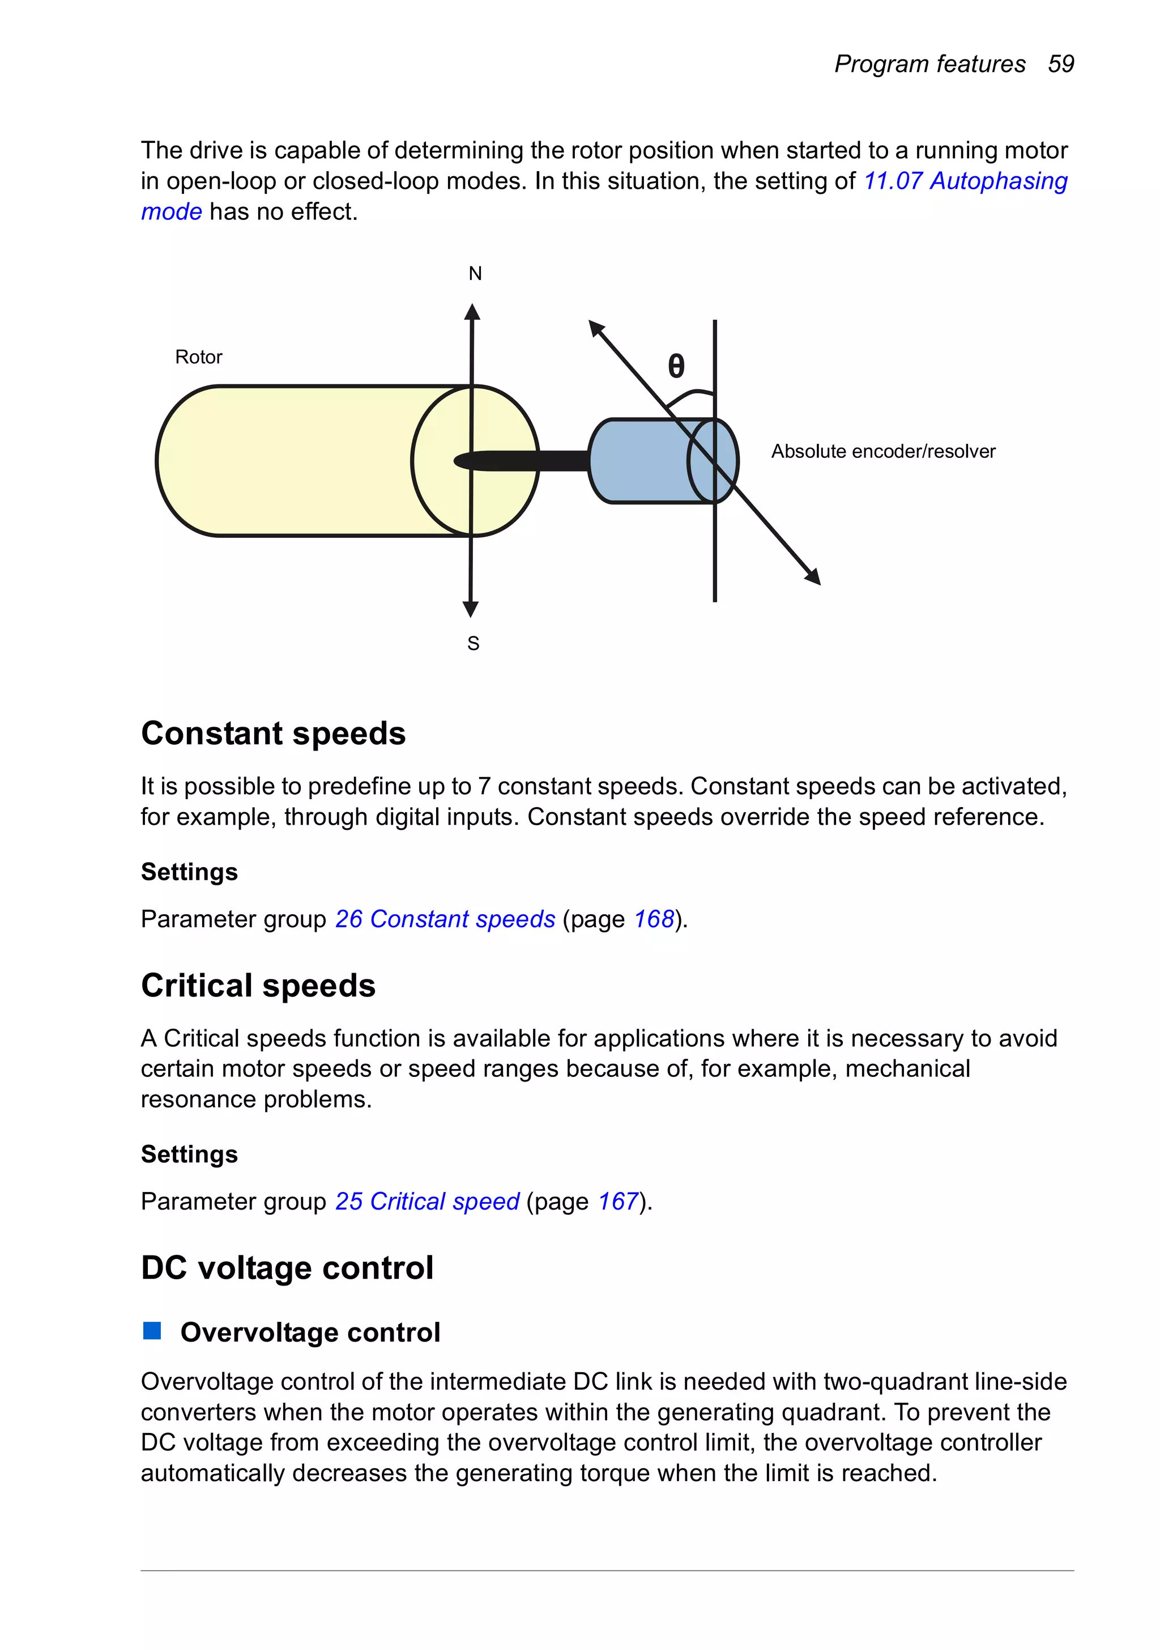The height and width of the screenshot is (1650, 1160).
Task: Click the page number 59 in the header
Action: coord(1060,64)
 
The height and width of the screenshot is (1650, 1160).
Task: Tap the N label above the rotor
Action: coord(475,274)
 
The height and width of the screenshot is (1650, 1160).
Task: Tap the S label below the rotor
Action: coord(472,643)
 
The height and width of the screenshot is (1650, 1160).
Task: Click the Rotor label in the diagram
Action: coord(198,357)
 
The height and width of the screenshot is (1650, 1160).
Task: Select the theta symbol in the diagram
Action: coord(676,367)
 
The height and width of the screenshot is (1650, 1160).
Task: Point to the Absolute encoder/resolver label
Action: coord(883,451)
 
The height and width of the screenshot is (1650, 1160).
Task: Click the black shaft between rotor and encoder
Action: coord(546,461)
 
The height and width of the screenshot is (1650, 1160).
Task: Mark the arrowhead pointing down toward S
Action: coord(471,609)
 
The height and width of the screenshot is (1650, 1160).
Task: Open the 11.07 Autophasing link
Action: coord(965,181)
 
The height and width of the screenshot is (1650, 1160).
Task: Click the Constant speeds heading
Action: coord(273,733)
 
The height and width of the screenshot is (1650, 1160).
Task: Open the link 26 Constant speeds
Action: coord(445,919)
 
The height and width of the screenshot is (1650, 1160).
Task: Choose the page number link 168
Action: coord(653,919)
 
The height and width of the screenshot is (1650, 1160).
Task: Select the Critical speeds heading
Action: coord(258,985)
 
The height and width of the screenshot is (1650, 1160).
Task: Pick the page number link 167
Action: coord(618,1202)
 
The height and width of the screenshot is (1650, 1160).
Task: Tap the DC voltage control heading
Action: coord(287,1267)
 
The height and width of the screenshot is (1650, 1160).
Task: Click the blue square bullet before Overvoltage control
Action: coord(152,1331)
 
